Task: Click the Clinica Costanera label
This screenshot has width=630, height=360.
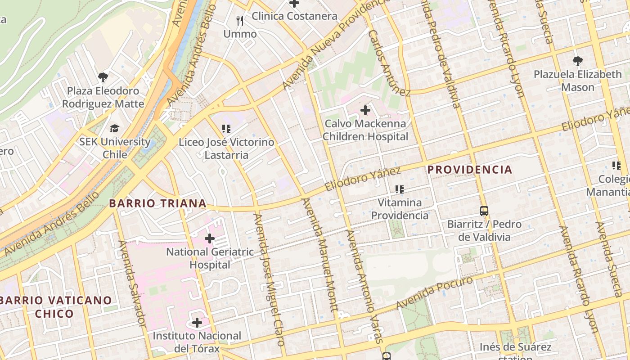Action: coord(294,16)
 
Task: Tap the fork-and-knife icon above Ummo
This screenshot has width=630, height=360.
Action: coord(240,21)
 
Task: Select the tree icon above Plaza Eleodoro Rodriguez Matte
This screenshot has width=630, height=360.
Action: coord(103,77)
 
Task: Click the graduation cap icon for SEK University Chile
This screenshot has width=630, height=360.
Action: coord(115,129)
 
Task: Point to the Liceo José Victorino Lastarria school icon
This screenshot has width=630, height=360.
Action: coord(226,129)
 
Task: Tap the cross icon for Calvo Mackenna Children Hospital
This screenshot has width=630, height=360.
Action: coord(365,110)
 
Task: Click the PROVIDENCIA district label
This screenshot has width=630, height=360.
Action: coord(469,170)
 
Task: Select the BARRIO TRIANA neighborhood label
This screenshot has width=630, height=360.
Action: coord(158,203)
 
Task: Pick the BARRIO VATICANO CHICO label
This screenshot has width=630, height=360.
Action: coord(55,307)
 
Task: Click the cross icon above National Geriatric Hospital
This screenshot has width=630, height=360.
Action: coord(210,238)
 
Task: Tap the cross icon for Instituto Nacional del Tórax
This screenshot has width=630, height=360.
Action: coord(197,323)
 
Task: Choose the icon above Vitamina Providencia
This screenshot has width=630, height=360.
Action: coord(399,189)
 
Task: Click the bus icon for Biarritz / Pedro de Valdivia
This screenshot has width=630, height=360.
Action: coord(484,211)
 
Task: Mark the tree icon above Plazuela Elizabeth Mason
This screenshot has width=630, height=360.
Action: coord(577,61)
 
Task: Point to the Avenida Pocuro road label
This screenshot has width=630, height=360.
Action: coord(434,293)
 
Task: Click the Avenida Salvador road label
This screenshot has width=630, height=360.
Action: coord(131,283)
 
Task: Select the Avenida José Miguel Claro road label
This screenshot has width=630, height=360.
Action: coord(270,279)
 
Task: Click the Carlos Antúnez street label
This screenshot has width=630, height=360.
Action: coord(389,63)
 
